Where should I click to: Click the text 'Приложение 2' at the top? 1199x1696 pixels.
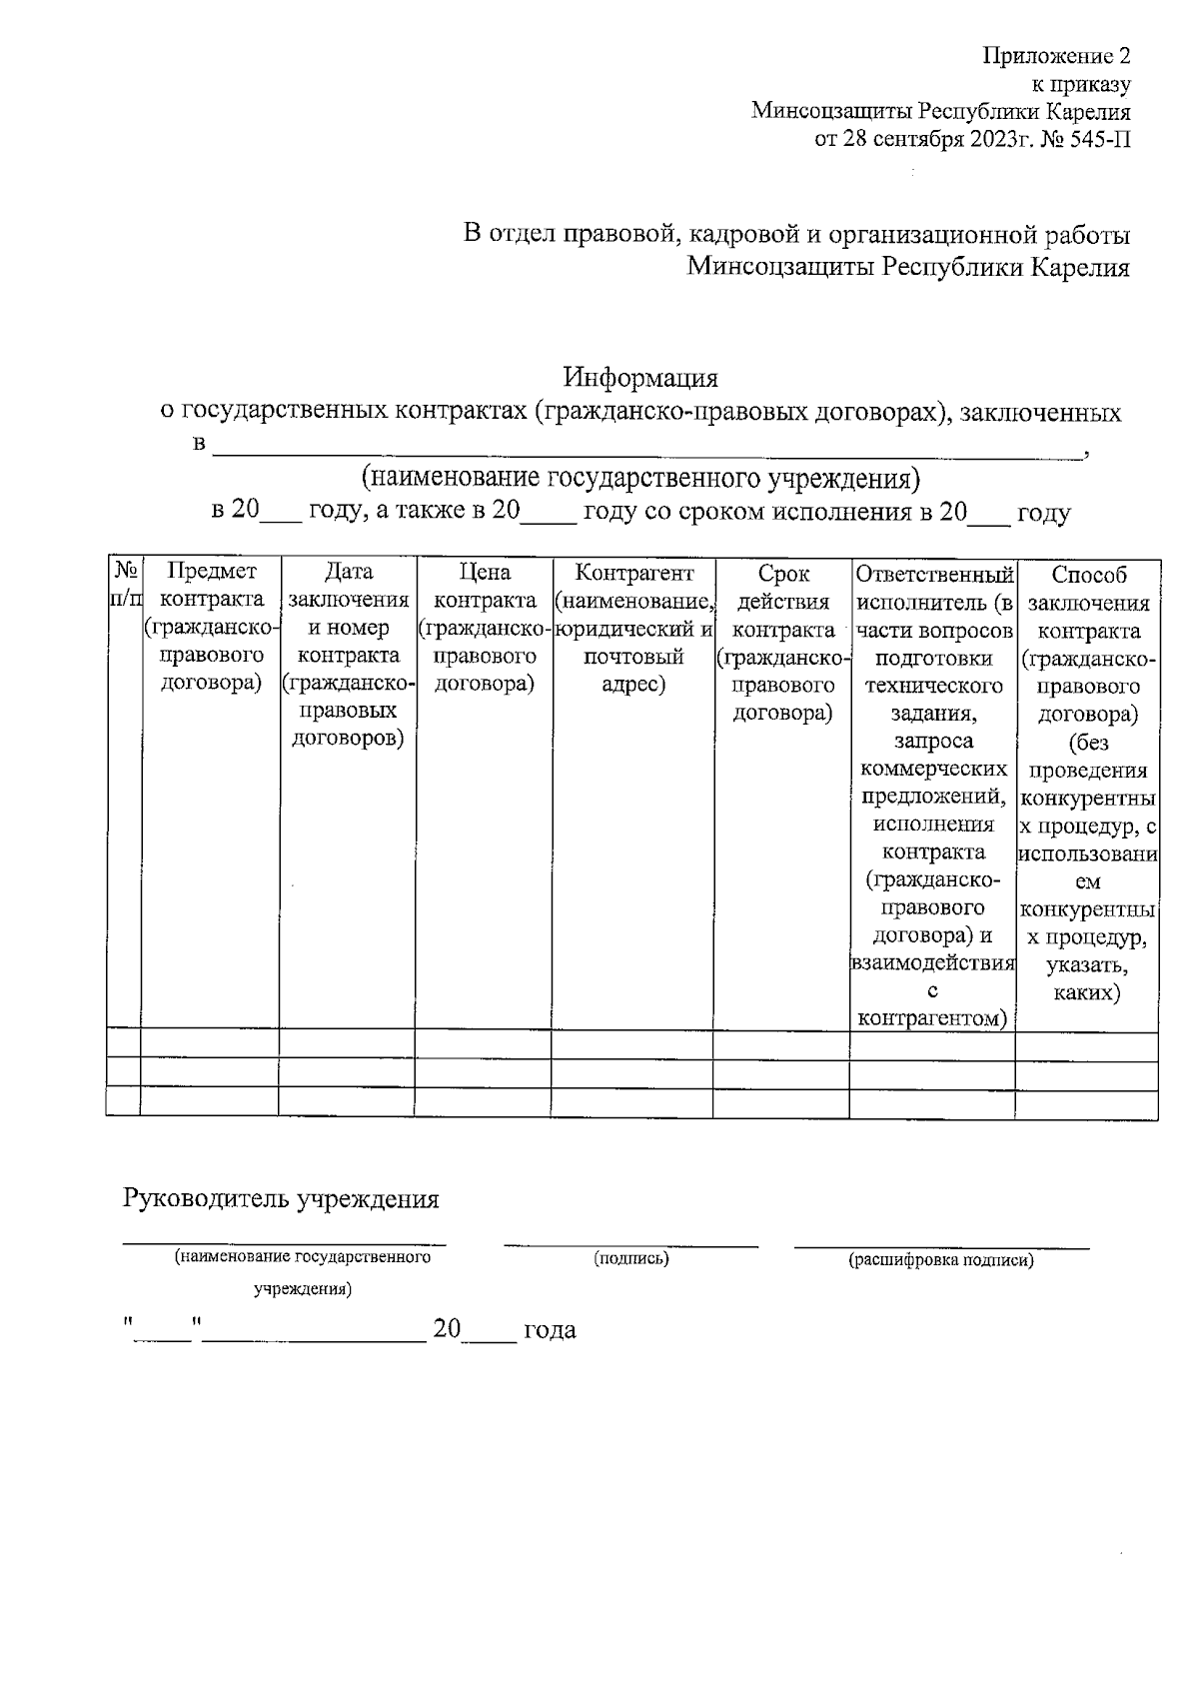[1056, 55]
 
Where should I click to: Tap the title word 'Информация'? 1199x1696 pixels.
[640, 379]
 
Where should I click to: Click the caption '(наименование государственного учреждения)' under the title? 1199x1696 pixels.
[640, 477]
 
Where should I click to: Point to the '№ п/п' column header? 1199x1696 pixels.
[124, 584]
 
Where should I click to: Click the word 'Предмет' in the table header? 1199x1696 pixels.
[211, 572]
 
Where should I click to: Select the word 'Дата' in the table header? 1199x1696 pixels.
[349, 572]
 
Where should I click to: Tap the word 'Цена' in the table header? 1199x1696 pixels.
[485, 573]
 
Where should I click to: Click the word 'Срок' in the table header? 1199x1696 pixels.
[783, 574]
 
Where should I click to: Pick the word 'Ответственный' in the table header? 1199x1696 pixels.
[934, 575]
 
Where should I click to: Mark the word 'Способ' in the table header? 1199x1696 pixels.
[1089, 575]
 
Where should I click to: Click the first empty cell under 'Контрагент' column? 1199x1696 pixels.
[631, 1045]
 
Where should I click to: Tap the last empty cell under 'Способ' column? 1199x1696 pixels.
[1087, 1103]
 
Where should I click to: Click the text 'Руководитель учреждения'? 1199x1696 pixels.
[281, 1199]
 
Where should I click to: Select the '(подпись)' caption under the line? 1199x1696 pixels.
[630, 1258]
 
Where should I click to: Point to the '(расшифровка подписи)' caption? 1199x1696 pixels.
[940, 1260]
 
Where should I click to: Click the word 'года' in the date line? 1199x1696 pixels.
[550, 1330]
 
